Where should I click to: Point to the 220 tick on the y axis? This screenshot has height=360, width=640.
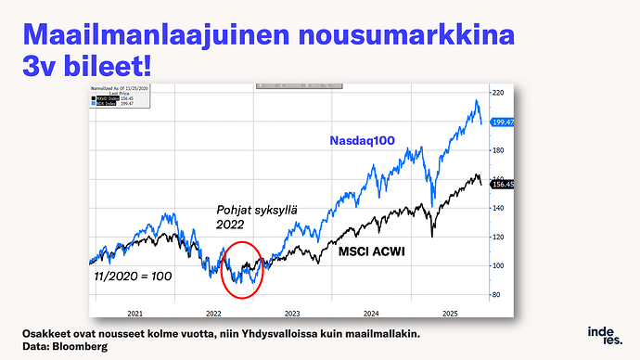(497, 93)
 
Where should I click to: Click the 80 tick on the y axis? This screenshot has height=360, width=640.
(496, 295)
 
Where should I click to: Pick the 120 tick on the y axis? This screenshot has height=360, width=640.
(497, 237)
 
